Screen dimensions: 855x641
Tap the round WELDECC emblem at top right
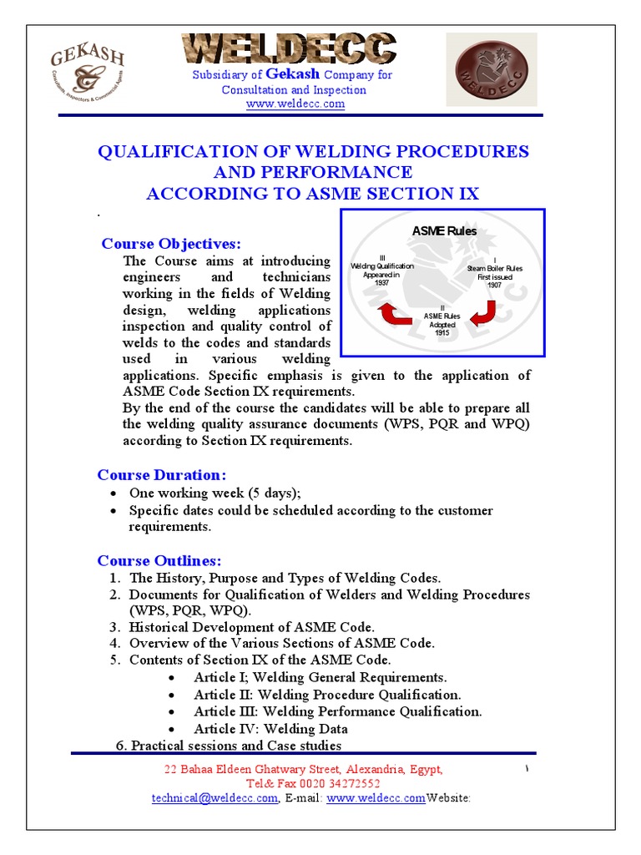491,70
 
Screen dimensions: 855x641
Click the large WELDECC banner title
290,49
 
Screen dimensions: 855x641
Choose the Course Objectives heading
170,244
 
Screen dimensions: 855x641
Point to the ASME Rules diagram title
444,230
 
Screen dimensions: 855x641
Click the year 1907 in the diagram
495,285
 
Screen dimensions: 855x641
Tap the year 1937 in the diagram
383,283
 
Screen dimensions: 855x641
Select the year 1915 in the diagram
442,333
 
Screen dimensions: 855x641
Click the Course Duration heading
161,475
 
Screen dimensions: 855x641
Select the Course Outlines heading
159,560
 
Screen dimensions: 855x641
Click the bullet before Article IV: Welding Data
171,729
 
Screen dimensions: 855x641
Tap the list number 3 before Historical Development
114,627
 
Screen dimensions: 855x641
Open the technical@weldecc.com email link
215,798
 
